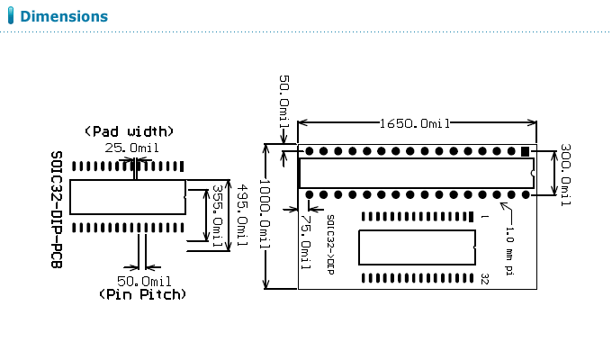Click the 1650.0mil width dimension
click(415, 123)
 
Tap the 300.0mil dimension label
click(565, 176)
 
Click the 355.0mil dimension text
click(216, 213)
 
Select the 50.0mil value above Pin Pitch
click(144, 281)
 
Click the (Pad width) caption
click(130, 130)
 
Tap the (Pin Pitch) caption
click(143, 294)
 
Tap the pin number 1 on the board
click(484, 217)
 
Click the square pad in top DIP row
click(525, 151)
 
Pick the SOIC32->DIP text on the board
click(331, 244)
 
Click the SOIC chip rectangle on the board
click(417, 247)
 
